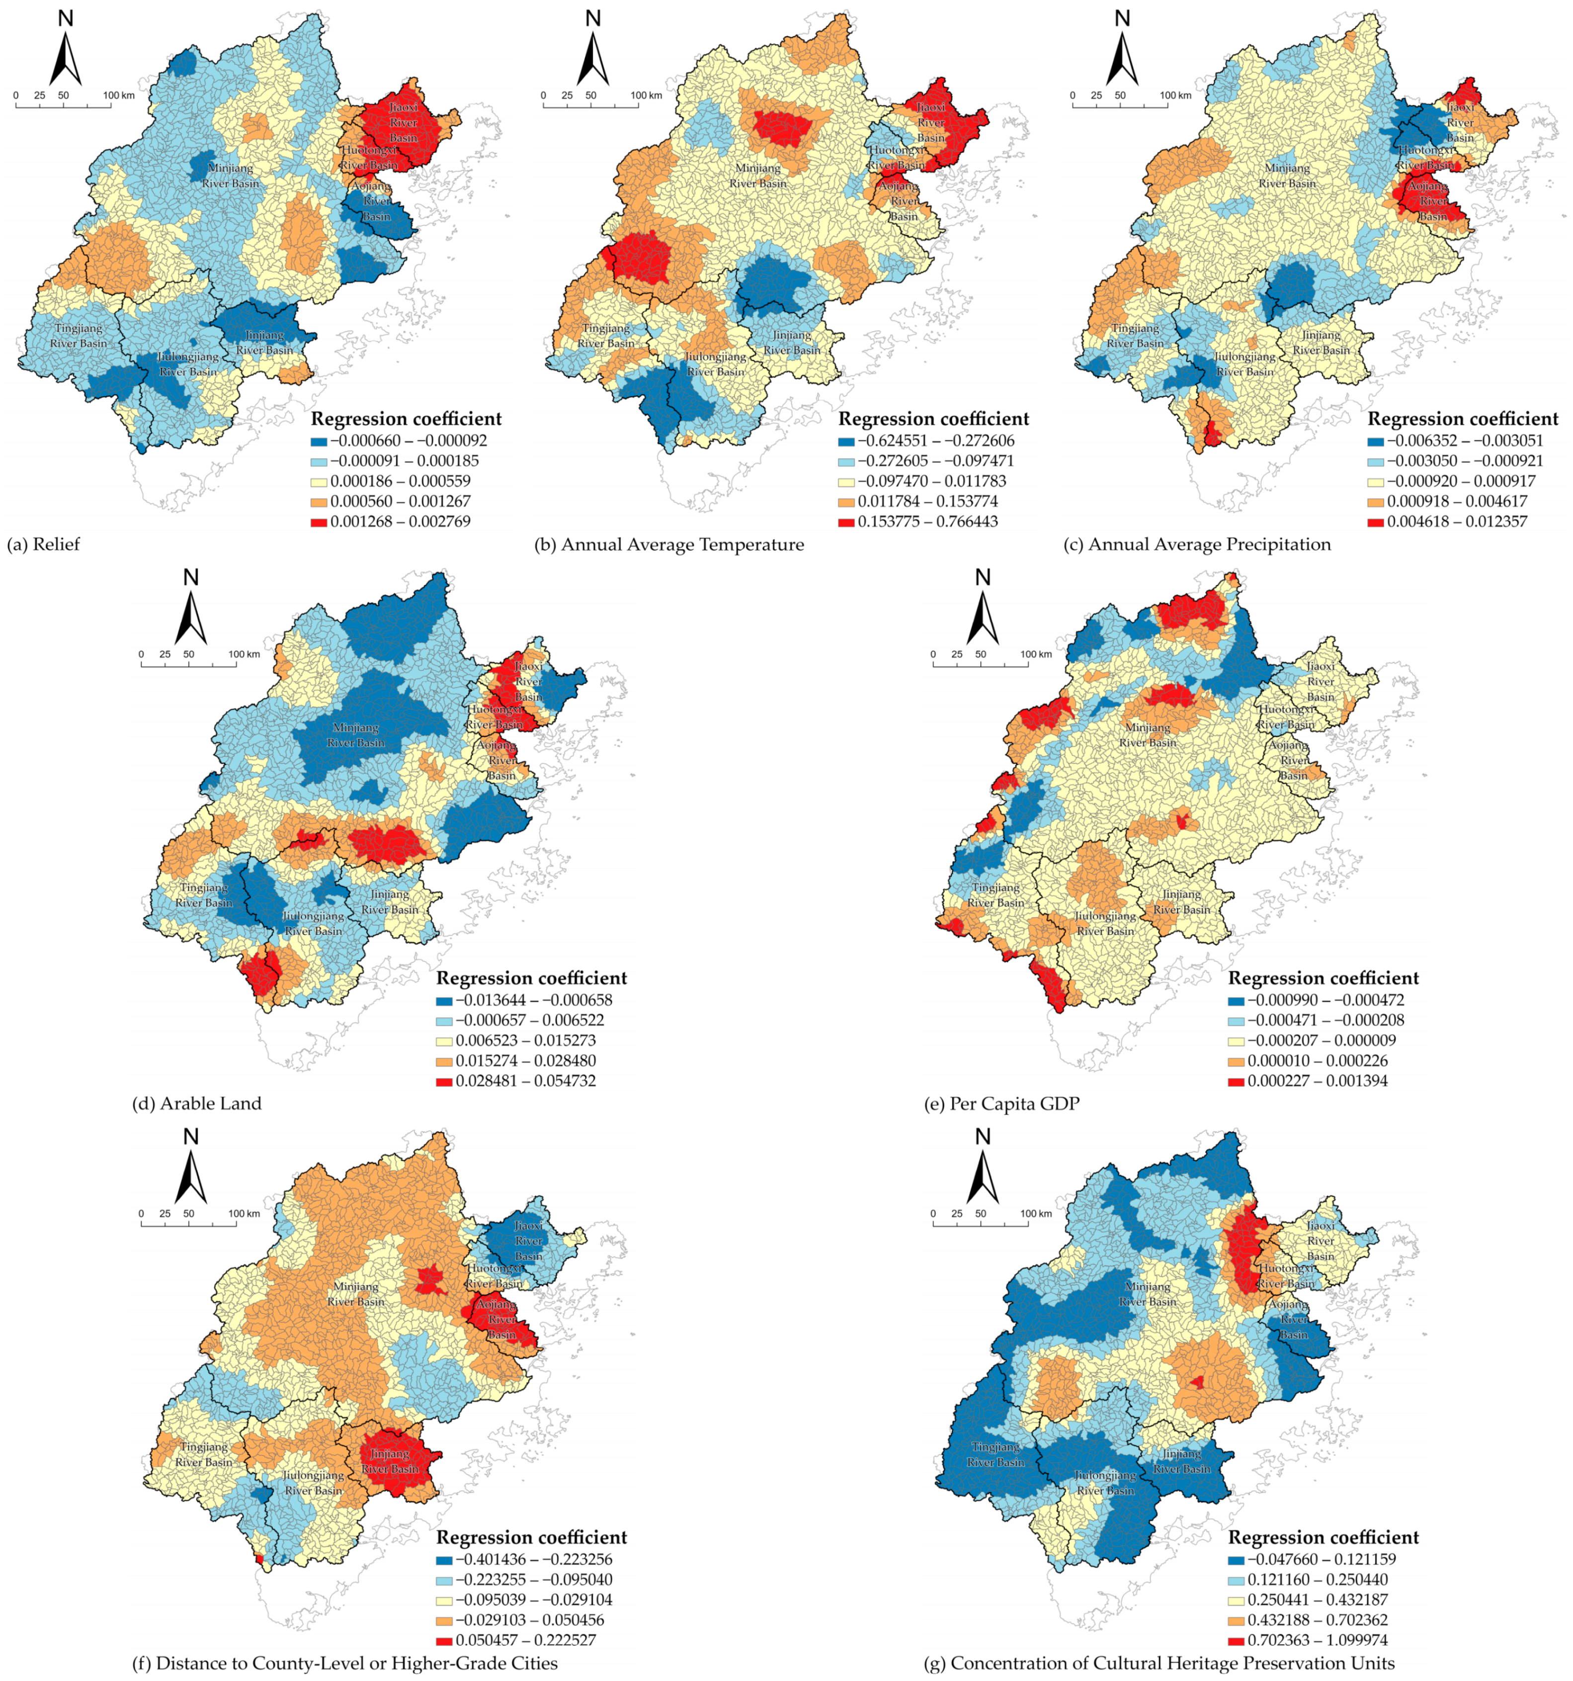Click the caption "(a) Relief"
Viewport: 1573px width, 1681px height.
[x=43, y=544]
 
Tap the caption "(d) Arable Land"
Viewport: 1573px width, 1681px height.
[x=197, y=1103]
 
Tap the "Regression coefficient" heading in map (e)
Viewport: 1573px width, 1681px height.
[x=1323, y=978]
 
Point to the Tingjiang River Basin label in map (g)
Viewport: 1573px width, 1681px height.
[x=995, y=1454]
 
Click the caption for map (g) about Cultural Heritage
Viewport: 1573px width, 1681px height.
[x=1159, y=1663]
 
